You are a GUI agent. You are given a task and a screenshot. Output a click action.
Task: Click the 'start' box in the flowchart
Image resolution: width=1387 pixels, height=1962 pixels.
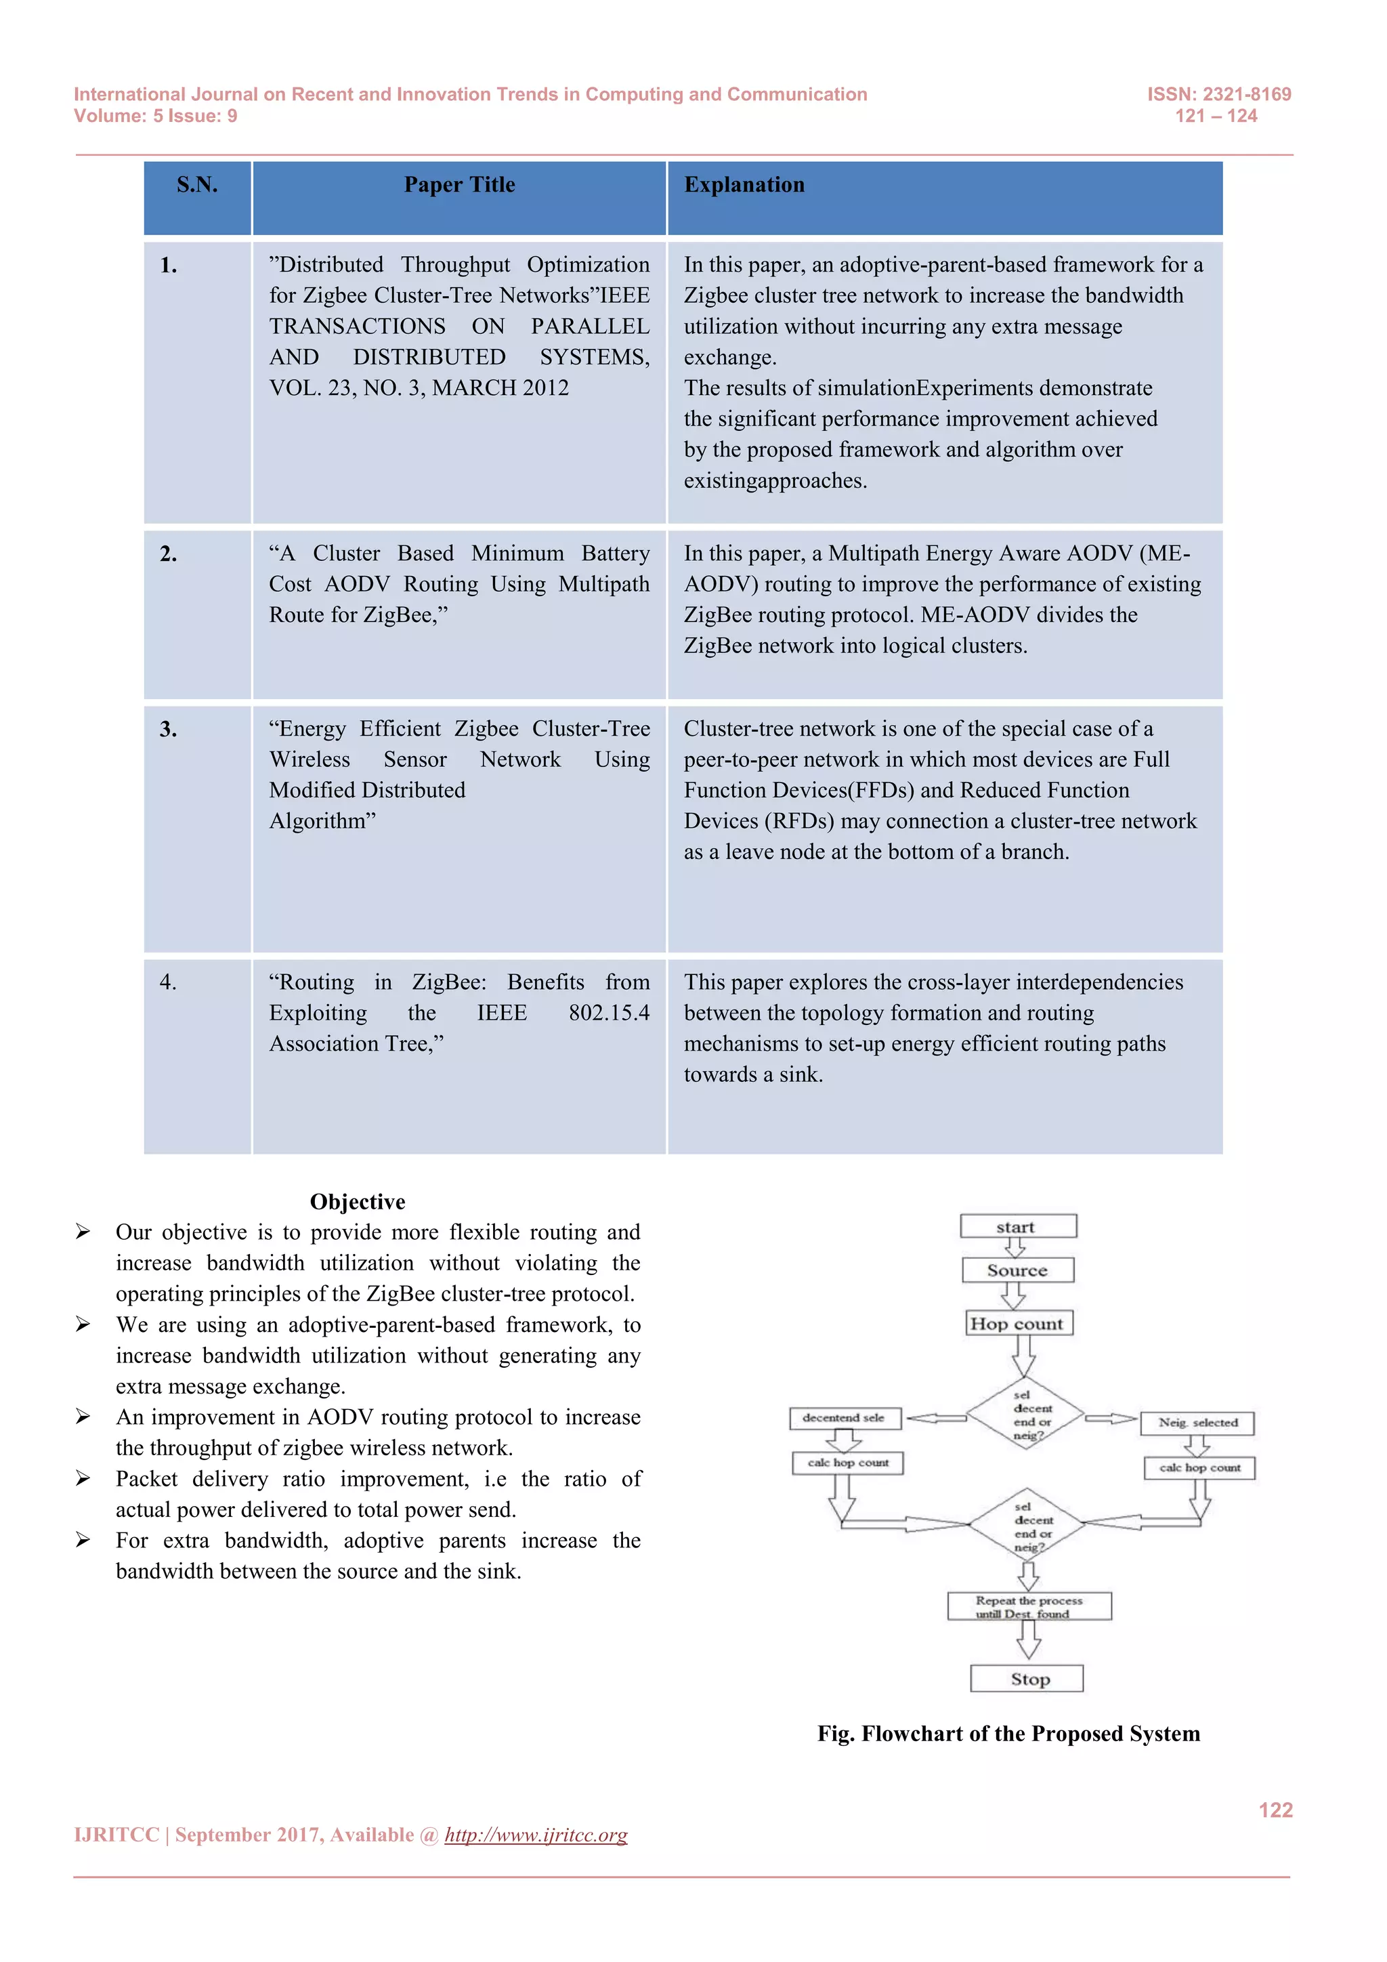click(x=1017, y=1226)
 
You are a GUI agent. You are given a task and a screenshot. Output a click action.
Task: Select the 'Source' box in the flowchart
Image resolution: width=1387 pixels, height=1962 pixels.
click(x=1017, y=1270)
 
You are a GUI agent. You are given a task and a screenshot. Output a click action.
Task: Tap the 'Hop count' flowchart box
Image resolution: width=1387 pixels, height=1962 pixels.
click(x=1018, y=1323)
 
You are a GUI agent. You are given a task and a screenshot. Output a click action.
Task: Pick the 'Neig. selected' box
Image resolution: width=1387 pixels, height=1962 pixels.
click(x=1197, y=1423)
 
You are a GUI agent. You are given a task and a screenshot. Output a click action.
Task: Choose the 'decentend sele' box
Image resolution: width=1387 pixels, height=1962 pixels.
click(x=845, y=1418)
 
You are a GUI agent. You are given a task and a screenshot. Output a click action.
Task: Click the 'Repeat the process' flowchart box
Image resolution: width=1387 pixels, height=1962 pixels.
click(x=1029, y=1606)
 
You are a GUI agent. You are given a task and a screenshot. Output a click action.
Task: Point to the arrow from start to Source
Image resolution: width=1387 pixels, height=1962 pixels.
click(x=1015, y=1248)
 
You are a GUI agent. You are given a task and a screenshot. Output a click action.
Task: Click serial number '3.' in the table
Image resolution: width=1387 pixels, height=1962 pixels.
click(x=168, y=729)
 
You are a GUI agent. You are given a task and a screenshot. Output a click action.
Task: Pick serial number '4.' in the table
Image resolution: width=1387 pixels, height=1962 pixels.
click(x=168, y=982)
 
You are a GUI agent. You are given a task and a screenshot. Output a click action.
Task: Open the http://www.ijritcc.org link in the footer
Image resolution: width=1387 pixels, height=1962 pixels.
click(x=536, y=1835)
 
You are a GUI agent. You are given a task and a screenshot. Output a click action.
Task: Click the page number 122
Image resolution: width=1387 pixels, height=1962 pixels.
click(x=1275, y=1810)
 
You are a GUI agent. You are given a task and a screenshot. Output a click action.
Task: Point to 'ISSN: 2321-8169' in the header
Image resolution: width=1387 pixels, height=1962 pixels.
click(x=1219, y=94)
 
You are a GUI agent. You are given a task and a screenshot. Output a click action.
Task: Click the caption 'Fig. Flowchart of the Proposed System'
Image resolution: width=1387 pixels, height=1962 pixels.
click(x=1008, y=1733)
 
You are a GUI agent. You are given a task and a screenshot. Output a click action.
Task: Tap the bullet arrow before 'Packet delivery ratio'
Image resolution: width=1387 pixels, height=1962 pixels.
click(x=83, y=1478)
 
